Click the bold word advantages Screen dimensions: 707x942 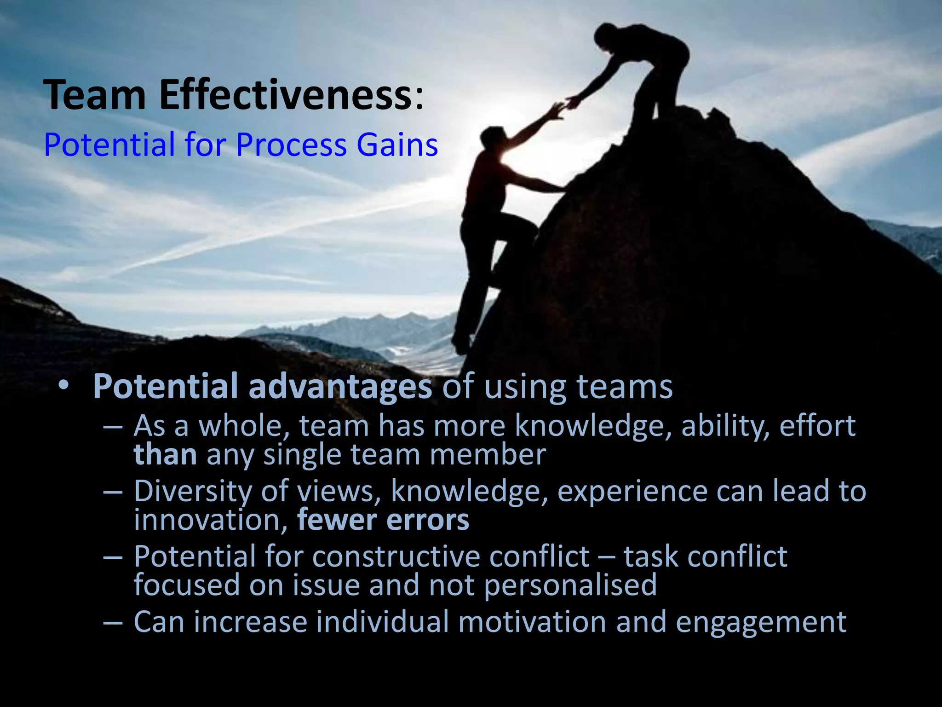pos(340,387)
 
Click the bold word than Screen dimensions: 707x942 pos(165,455)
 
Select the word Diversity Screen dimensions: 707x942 pos(192,492)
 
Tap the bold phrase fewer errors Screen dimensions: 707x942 pos(383,520)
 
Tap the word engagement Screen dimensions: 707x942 pos(761,623)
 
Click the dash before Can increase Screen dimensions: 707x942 pos(113,623)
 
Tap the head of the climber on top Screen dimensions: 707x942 pos(606,35)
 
